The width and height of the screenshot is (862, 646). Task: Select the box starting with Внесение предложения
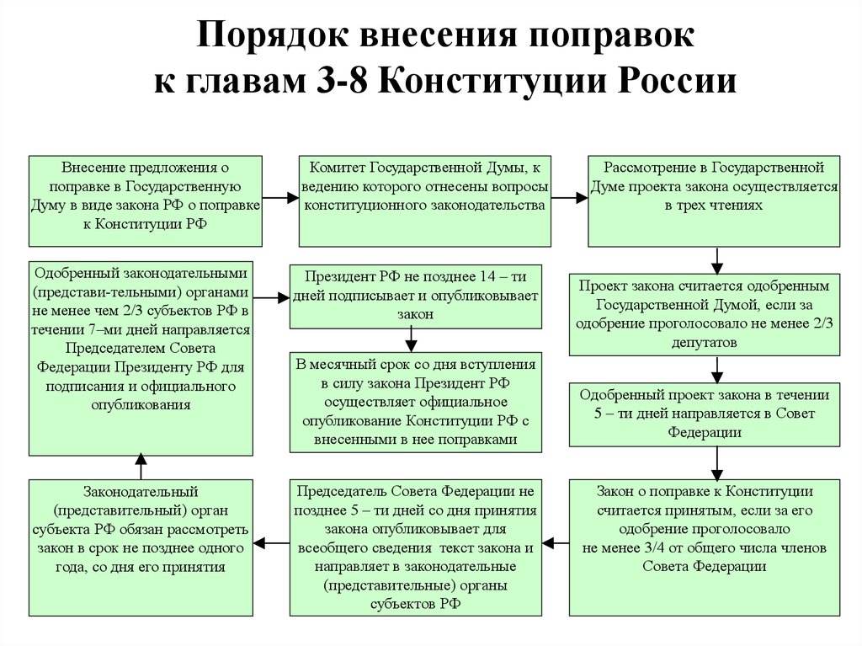coord(145,200)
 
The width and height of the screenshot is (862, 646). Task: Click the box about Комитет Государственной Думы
coord(424,200)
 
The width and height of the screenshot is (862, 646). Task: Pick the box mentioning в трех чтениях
coord(714,200)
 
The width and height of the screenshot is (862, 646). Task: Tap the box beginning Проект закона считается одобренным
coord(705,314)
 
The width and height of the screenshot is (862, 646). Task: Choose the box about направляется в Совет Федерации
coord(705,414)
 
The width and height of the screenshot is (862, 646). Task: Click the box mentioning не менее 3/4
coord(705,547)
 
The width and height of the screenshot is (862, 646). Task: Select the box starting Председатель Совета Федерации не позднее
coord(416,547)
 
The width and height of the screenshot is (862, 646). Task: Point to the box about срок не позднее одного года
coord(141,547)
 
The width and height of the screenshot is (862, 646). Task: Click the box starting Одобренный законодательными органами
coord(141,358)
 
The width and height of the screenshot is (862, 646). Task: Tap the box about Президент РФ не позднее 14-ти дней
coord(416,296)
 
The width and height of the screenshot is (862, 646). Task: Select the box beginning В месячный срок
coord(416,403)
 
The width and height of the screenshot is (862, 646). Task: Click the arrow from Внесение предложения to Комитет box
coord(280,197)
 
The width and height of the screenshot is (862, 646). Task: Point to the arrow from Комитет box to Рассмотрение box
coord(570,197)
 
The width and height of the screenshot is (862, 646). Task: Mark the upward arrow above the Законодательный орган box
coord(141,467)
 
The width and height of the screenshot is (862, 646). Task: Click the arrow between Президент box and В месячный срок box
coord(411,340)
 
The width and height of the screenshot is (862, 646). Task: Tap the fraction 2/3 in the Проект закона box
coord(822,323)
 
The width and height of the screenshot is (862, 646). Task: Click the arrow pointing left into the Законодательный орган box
coord(272,543)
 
